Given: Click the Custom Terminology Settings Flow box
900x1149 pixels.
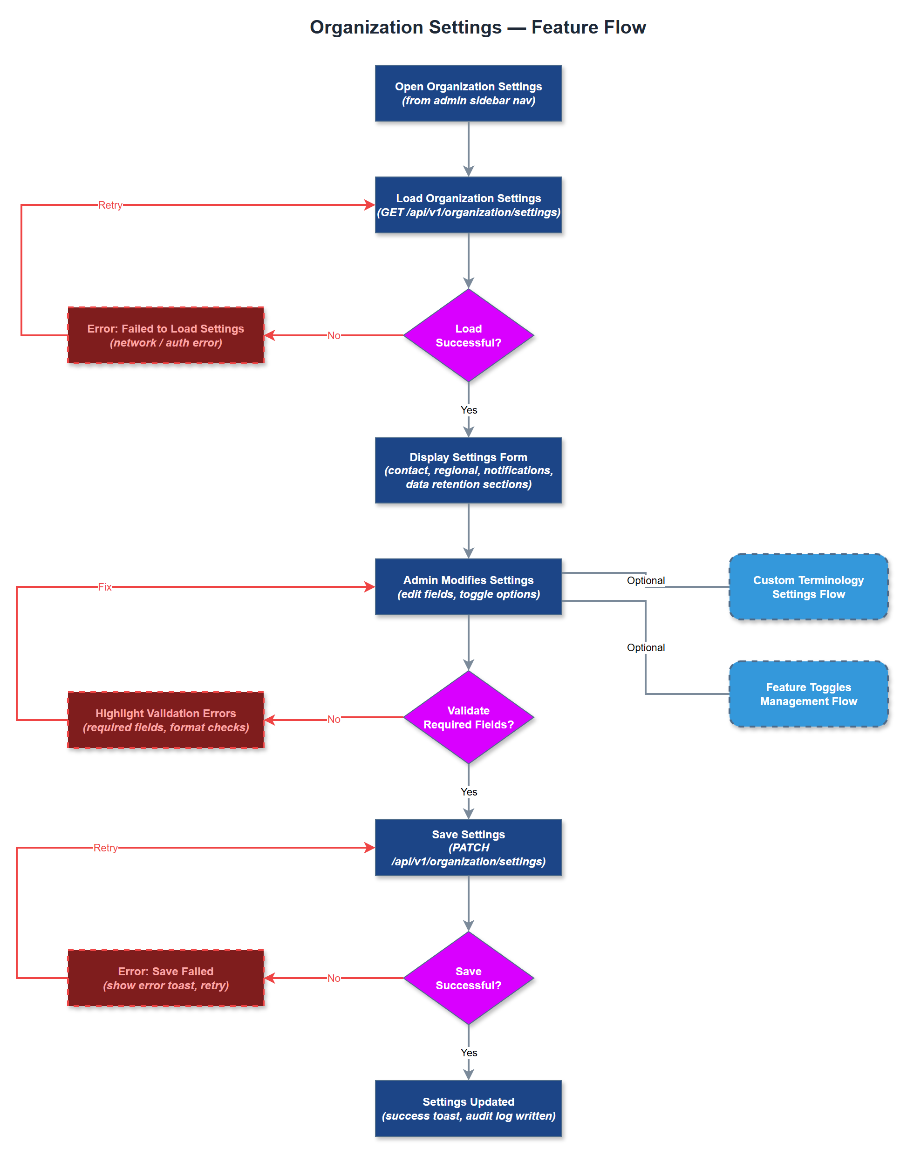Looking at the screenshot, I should click(808, 586).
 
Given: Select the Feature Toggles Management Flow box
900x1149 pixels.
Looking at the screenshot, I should click(808, 694).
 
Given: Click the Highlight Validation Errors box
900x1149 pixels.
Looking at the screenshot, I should click(165, 720).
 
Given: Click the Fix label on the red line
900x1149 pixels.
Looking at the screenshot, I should click(104, 586).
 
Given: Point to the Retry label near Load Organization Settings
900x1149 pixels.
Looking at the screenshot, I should click(110, 205).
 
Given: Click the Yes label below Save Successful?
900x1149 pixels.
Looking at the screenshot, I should click(469, 1052).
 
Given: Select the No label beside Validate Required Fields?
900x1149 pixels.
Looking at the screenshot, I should click(334, 719).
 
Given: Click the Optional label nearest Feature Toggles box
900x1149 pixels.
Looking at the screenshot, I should click(646, 647).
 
